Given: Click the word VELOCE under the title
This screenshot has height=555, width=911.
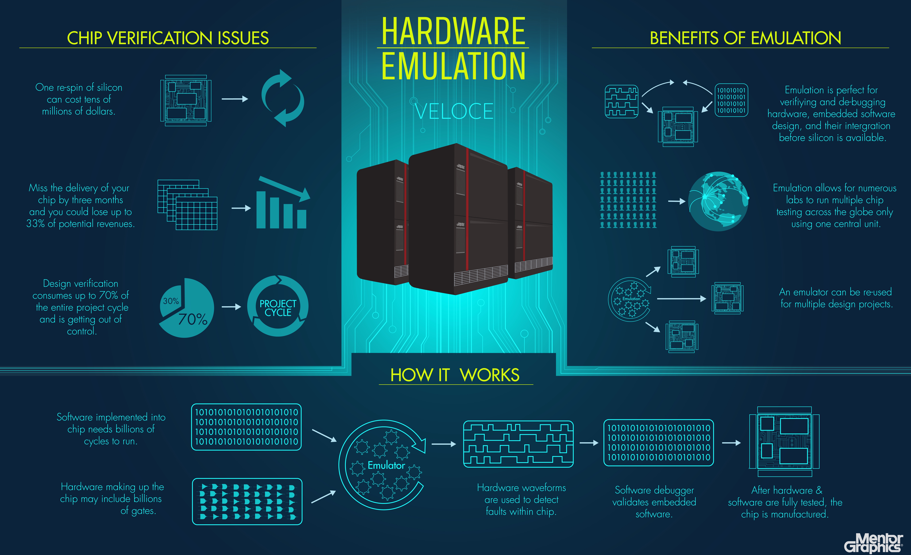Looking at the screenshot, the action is (454, 111).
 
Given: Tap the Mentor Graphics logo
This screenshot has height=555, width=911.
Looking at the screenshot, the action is (873, 542).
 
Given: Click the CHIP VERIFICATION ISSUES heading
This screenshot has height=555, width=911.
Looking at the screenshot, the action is (168, 38).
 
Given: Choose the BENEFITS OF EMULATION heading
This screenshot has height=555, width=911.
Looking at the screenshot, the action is (745, 38).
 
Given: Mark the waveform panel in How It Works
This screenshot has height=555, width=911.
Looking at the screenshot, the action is (518, 444).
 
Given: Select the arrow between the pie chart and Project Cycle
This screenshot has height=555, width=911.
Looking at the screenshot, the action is (231, 307).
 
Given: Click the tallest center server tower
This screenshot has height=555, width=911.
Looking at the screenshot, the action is (458, 219).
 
